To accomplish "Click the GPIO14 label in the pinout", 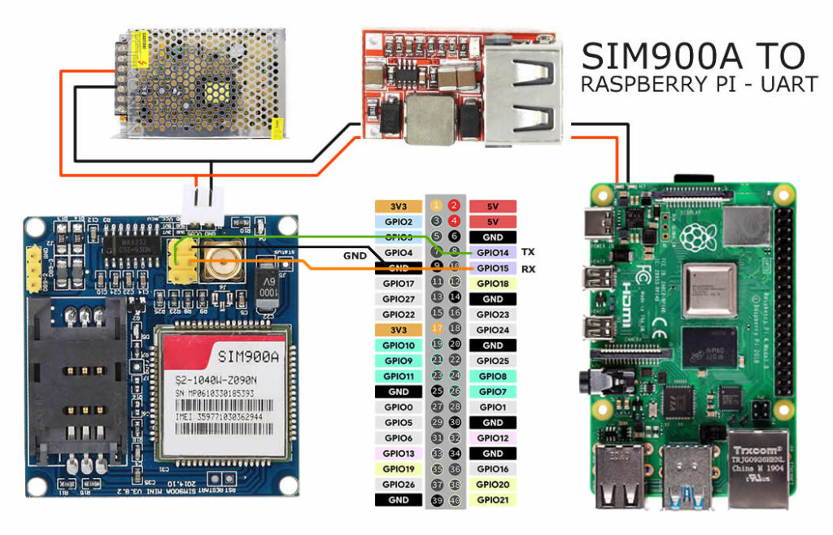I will (x=492, y=252).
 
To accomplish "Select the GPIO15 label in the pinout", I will (x=492, y=267).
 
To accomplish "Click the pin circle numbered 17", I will (x=437, y=329).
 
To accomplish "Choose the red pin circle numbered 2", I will (x=455, y=206).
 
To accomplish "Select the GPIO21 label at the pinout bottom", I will (x=492, y=500).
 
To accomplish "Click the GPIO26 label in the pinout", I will (x=399, y=485).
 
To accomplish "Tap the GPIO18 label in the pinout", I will (x=492, y=283).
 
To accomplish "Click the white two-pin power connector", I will (x=203, y=209).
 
